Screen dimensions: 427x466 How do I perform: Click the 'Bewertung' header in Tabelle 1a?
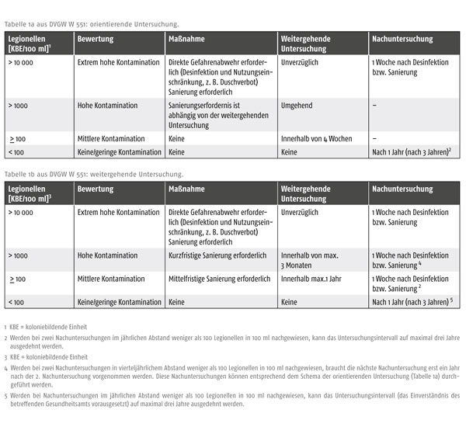(x=96, y=38)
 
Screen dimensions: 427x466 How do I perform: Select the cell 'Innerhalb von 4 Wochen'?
(x=315, y=138)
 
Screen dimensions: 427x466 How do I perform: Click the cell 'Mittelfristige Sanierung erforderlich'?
(x=218, y=279)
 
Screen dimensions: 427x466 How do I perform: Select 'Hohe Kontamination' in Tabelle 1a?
(x=108, y=104)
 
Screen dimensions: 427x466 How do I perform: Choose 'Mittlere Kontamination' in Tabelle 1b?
(x=111, y=279)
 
